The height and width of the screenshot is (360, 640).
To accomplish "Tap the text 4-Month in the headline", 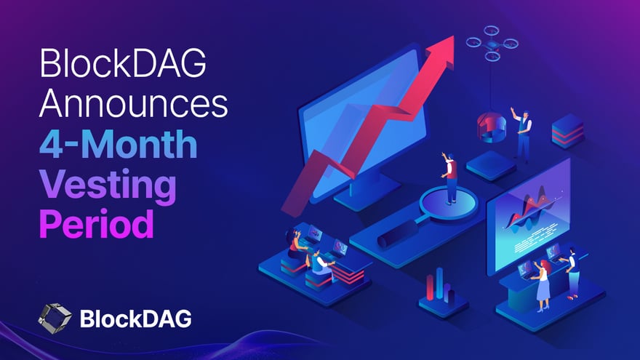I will pos(119,145).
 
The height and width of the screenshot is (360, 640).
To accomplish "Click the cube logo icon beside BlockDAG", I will pos(55,317).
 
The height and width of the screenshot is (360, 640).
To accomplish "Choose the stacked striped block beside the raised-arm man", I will pos(567,132).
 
